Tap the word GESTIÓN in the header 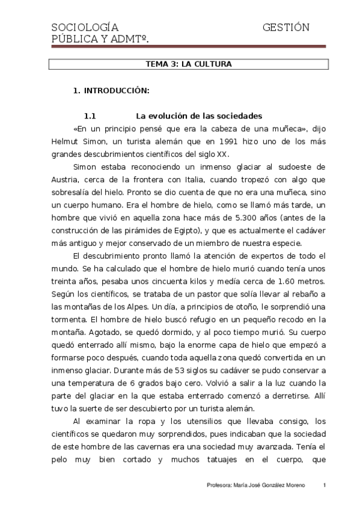286,28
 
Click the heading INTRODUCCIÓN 116,91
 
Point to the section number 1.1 90,115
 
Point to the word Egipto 186,230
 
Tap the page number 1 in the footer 324,485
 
